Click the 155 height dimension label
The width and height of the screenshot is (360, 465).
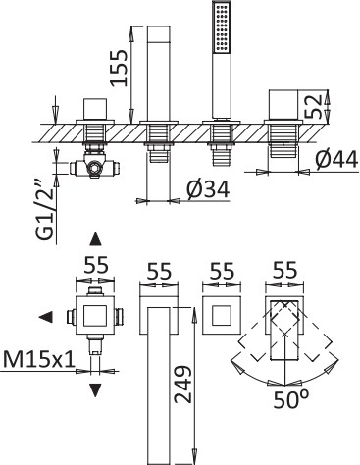coord(119,68)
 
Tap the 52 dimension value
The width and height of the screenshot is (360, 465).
coord(312,106)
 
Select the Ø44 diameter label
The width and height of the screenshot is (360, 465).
coord(336,161)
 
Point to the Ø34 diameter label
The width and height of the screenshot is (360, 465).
coord(208,189)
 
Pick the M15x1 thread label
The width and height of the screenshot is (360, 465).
coord(38,359)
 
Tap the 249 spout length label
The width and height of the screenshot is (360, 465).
coord(182,384)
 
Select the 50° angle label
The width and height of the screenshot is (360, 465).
coord(290,399)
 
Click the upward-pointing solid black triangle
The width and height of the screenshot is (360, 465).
coord(95,239)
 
